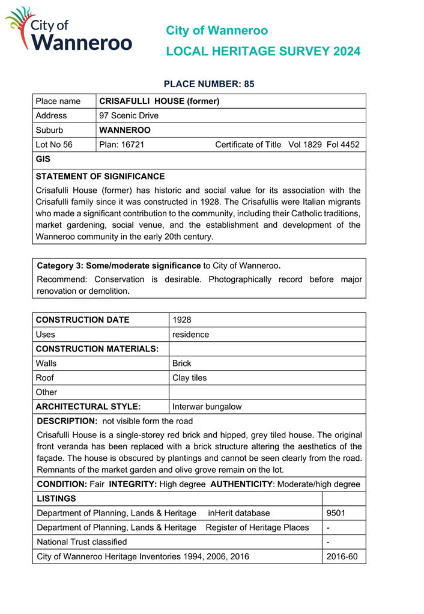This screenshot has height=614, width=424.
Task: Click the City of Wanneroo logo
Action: [68, 30]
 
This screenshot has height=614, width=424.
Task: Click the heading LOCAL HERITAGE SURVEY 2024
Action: [263, 52]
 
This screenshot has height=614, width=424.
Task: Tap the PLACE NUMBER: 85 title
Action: [209, 84]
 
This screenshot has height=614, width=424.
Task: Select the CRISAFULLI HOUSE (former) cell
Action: [159, 101]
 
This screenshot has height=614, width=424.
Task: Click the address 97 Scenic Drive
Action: [129, 115]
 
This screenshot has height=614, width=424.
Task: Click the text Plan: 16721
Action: [122, 144]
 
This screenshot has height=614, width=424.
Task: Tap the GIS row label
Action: [43, 159]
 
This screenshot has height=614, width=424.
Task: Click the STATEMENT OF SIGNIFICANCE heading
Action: [100, 177]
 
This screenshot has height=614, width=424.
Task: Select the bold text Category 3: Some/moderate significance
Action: [119, 266]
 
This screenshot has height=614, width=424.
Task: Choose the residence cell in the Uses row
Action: [190, 334]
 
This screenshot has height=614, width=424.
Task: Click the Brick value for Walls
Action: [181, 363]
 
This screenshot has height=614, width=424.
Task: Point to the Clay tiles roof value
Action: [189, 378]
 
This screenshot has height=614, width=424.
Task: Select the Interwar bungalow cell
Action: [207, 407]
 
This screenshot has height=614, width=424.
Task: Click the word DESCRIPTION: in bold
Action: [67, 421]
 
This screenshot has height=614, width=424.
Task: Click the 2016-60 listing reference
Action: [342, 556]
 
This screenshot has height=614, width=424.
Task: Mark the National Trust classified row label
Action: [82, 542]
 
